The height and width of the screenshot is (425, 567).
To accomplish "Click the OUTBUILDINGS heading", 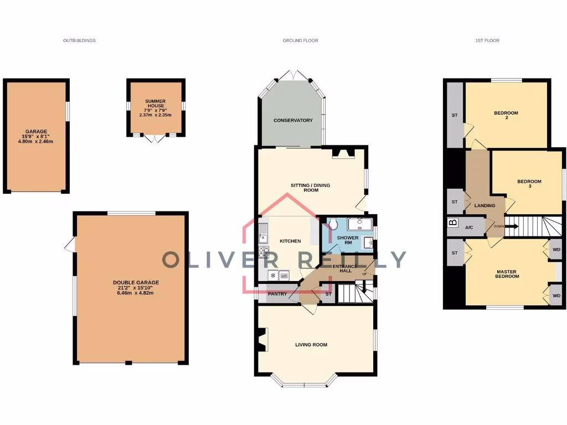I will point(79,40).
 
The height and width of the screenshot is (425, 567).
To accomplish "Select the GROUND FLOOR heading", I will point(300,40).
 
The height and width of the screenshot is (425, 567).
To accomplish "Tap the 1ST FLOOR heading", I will point(488,40).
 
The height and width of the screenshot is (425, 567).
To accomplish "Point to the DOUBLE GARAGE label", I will point(136,287).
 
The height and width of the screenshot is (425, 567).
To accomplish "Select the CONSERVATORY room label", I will point(293,120).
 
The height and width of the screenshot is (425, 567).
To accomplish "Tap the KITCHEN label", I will point(290,241).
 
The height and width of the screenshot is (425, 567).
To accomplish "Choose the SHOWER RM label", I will point(348,241).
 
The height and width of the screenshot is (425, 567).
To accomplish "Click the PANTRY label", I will point(276,294).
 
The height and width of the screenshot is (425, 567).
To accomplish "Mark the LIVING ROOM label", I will point(311,345).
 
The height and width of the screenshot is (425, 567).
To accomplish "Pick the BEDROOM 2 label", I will point(506,115).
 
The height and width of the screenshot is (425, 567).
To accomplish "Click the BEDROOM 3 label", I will point(529,184).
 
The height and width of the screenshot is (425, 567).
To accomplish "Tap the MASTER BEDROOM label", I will point(507,274).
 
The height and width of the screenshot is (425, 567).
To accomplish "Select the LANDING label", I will point(484,205).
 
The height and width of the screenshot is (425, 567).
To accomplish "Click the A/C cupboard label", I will point(469,227).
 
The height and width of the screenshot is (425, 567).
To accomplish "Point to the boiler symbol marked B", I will point(452,223).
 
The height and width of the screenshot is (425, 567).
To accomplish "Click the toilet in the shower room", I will point(333,224).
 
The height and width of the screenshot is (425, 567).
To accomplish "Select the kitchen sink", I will point(264,232).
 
